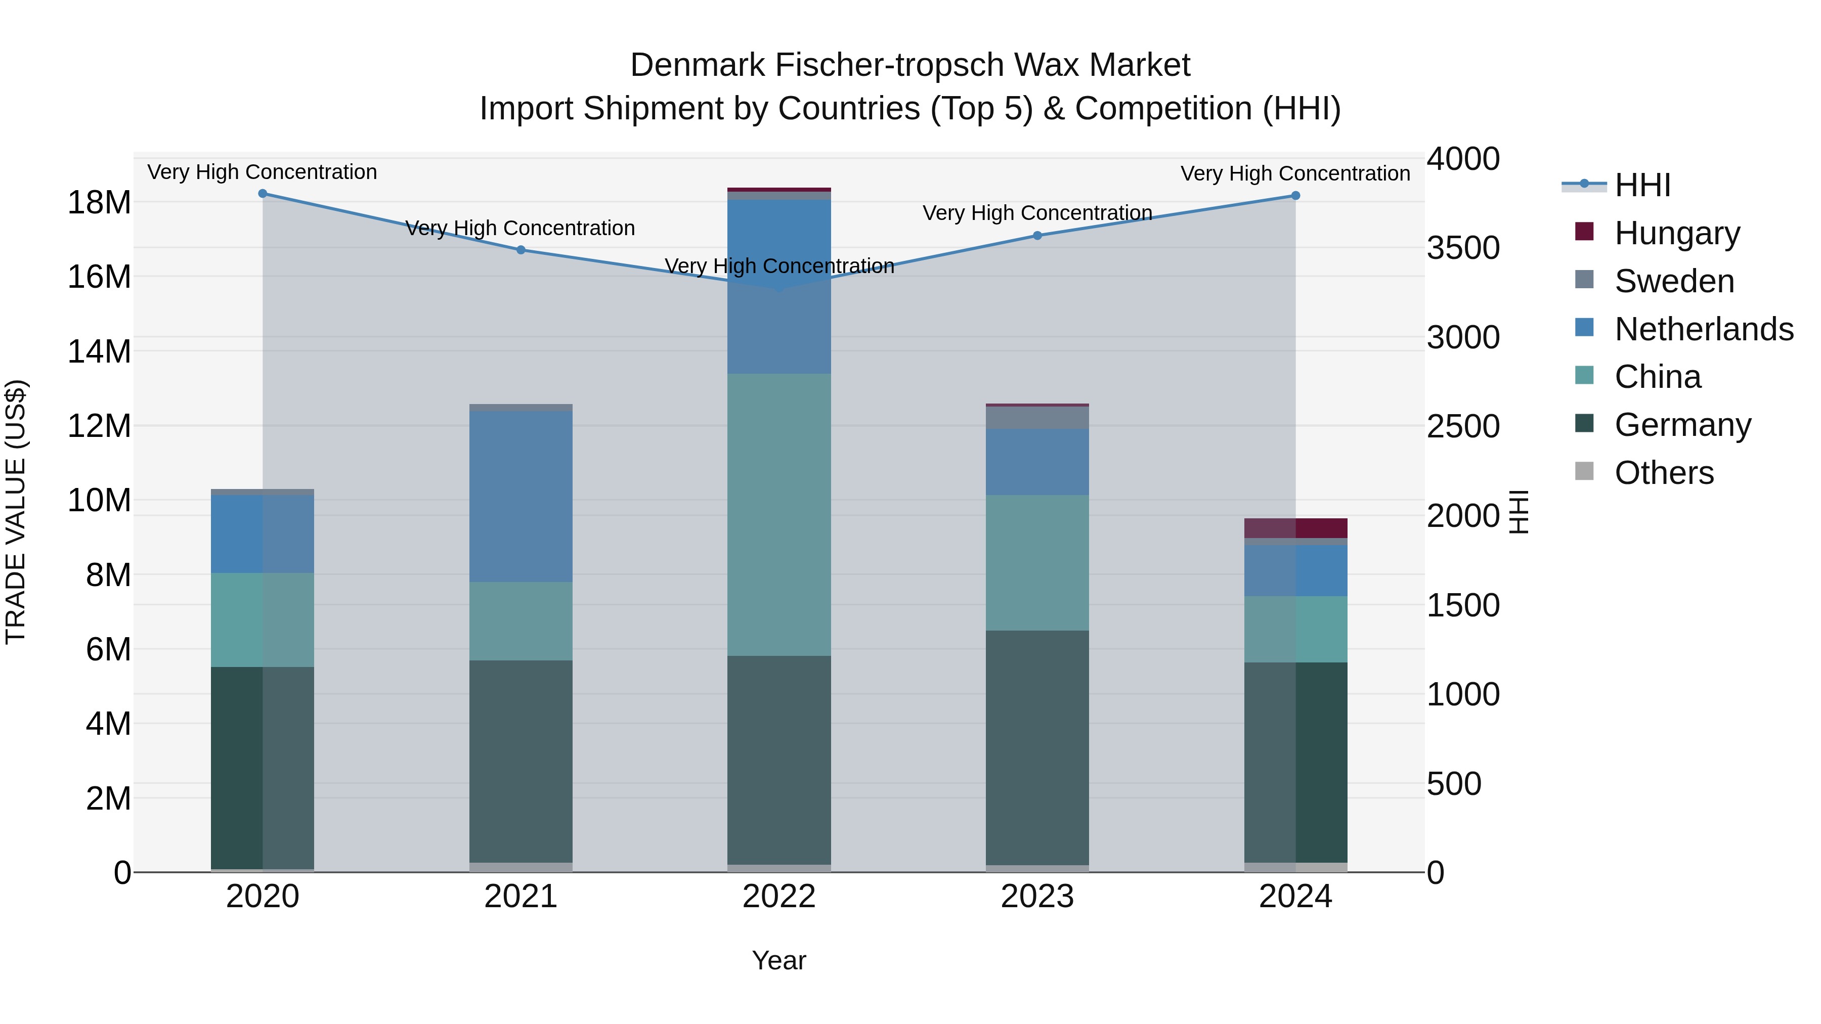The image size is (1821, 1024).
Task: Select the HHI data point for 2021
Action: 521,249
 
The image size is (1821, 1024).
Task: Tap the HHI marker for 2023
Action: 1038,235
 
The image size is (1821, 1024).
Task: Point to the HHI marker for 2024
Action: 1296,196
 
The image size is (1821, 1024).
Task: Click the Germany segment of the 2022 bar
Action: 779,760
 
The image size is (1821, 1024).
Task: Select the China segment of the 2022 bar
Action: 779,514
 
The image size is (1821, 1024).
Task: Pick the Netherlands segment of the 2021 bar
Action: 521,497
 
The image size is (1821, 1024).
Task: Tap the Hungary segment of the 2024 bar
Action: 1296,528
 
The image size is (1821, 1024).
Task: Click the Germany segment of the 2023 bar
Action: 1038,748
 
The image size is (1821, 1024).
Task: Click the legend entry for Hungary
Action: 1677,233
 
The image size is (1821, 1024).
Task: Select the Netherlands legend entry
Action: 1704,329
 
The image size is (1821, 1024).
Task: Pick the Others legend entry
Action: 1664,473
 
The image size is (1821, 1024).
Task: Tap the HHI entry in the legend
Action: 1642,185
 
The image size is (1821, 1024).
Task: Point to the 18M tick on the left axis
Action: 99,203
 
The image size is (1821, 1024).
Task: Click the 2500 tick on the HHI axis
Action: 1462,426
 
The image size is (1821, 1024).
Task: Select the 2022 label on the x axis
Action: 779,897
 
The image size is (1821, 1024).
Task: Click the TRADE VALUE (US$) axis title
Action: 16,512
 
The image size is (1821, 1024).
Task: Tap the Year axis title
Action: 779,960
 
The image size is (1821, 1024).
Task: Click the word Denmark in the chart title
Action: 697,65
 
